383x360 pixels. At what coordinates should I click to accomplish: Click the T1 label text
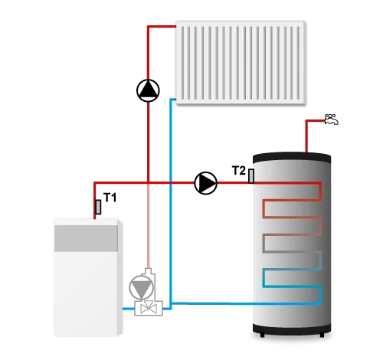110,198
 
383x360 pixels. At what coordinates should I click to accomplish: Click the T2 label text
239,171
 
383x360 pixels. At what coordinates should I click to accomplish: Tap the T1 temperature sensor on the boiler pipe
98,207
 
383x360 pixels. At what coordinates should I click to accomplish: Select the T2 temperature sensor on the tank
251,176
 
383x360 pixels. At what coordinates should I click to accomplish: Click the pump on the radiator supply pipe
148,90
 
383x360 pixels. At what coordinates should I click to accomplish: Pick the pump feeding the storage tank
206,183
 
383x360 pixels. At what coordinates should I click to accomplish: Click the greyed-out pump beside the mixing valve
142,288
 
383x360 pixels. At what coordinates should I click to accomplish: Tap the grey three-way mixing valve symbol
149,308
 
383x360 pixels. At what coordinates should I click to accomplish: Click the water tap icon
331,119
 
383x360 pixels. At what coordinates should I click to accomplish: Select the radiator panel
241,63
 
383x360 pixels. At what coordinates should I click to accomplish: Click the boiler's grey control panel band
86,238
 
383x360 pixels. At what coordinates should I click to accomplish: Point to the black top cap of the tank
292,158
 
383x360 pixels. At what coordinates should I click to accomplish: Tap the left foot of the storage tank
262,335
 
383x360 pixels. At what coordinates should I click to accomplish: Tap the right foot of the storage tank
322,335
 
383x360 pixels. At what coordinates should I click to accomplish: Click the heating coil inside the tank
292,243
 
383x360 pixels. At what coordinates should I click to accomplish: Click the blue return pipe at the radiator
171,201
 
